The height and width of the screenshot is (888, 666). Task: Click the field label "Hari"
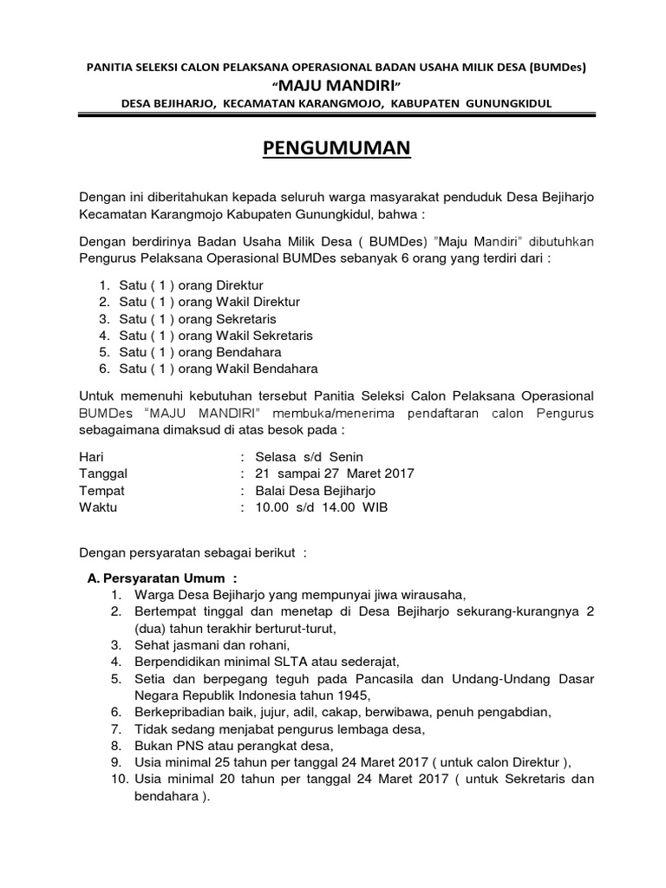(90, 457)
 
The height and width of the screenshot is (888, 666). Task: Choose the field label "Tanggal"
(103, 473)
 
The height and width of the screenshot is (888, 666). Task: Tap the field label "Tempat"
(101, 490)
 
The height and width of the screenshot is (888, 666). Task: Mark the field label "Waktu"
(98, 506)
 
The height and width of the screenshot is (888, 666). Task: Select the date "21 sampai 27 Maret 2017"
(334, 473)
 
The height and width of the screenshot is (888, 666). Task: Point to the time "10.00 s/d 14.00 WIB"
(321, 506)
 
